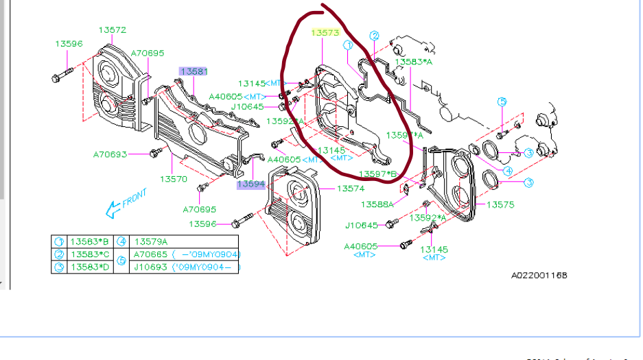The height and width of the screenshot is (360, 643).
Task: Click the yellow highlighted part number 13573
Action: [325, 32]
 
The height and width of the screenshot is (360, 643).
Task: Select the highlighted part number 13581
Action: [194, 71]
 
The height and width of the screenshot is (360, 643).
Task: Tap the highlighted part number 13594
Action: [251, 184]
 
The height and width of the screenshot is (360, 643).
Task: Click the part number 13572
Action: [112, 30]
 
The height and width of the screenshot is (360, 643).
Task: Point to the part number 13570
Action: [174, 179]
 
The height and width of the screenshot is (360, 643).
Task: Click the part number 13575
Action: [500, 204]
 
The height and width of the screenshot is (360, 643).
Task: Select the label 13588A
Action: [377, 204]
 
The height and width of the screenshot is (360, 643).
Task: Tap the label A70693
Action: [110, 154]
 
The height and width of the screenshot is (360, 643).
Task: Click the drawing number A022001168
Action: [539, 276]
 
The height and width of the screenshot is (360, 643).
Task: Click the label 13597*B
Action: [377, 173]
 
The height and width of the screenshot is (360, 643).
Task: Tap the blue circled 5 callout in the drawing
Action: [502, 102]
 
